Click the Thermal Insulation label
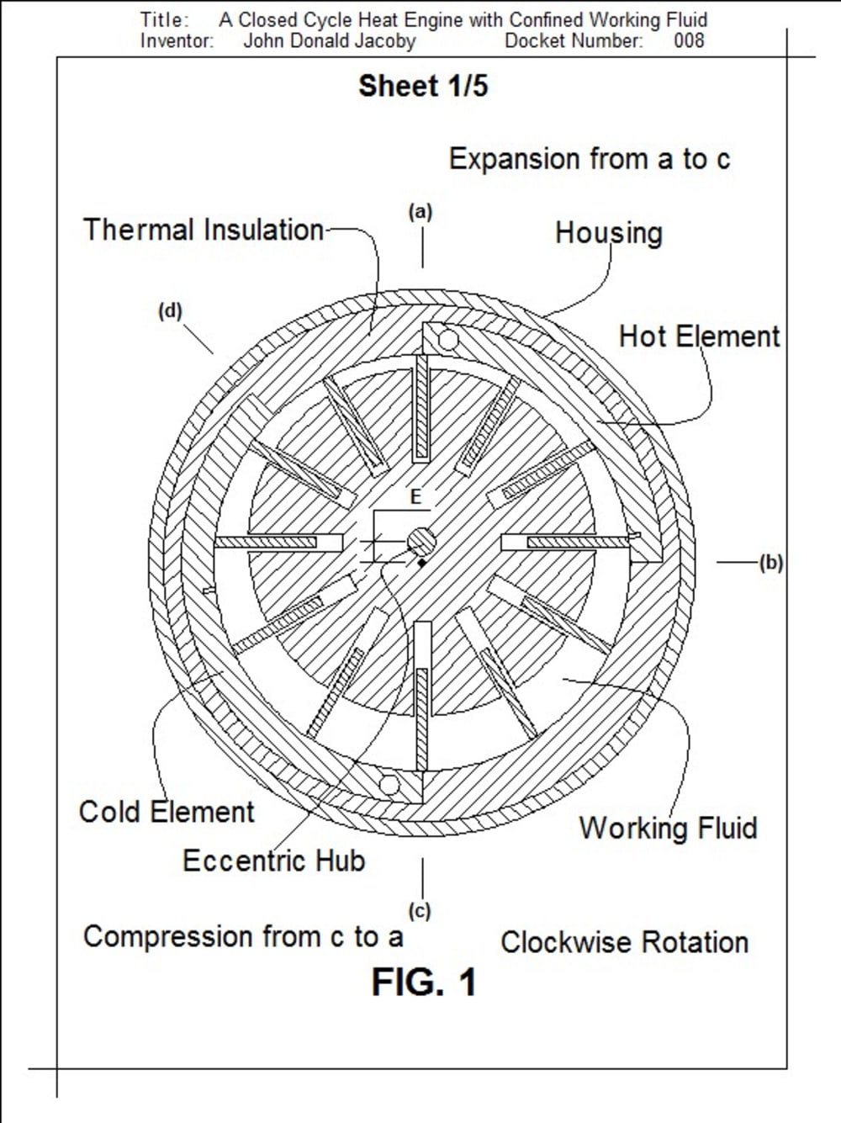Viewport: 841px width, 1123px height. pyautogui.click(x=203, y=230)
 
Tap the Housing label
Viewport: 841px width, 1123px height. pyautogui.click(x=608, y=233)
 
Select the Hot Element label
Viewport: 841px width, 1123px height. pyautogui.click(x=699, y=336)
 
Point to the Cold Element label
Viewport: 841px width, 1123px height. pyautogui.click(x=167, y=812)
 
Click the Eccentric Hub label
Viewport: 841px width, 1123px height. pyautogui.click(x=273, y=861)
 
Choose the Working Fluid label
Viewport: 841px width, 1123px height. pyautogui.click(x=668, y=828)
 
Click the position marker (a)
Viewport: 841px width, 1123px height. pyautogui.click(x=420, y=212)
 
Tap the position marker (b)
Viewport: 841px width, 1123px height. pyautogui.click(x=770, y=563)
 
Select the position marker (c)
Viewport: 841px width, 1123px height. pyautogui.click(x=419, y=911)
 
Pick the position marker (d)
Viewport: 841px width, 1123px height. pyautogui.click(x=170, y=311)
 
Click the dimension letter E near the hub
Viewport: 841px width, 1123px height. pyautogui.click(x=415, y=498)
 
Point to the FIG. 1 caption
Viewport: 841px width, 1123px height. pyautogui.click(x=424, y=982)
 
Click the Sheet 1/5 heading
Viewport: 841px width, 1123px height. pyautogui.click(x=423, y=86)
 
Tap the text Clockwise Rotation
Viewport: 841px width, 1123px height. pyautogui.click(x=624, y=942)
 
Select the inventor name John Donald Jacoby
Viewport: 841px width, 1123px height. pyautogui.click(x=329, y=40)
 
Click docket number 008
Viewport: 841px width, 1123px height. pyautogui.click(x=689, y=40)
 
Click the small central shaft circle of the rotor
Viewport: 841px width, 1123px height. pyautogui.click(x=420, y=540)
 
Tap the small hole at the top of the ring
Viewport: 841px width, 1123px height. pyautogui.click(x=447, y=340)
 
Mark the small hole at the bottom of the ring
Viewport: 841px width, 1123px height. pyautogui.click(x=389, y=785)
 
